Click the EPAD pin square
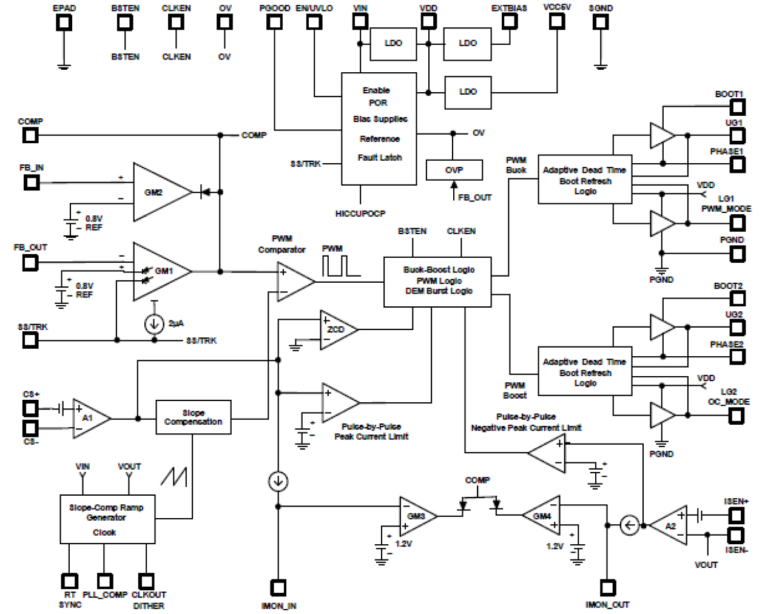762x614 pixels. point(64,22)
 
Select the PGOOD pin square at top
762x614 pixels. point(275,22)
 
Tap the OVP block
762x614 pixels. point(454,170)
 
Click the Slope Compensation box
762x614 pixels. point(194,417)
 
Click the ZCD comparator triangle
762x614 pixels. point(335,329)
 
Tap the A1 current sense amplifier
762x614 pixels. point(89,418)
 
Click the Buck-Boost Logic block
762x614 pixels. point(437,281)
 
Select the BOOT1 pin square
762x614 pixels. point(737,107)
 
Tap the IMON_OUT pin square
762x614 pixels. point(607,587)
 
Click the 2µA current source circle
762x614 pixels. point(154,324)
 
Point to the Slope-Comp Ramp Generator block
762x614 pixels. point(107,519)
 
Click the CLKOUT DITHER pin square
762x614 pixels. point(146,581)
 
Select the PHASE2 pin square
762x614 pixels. point(737,356)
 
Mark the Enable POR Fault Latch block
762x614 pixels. point(379,129)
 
